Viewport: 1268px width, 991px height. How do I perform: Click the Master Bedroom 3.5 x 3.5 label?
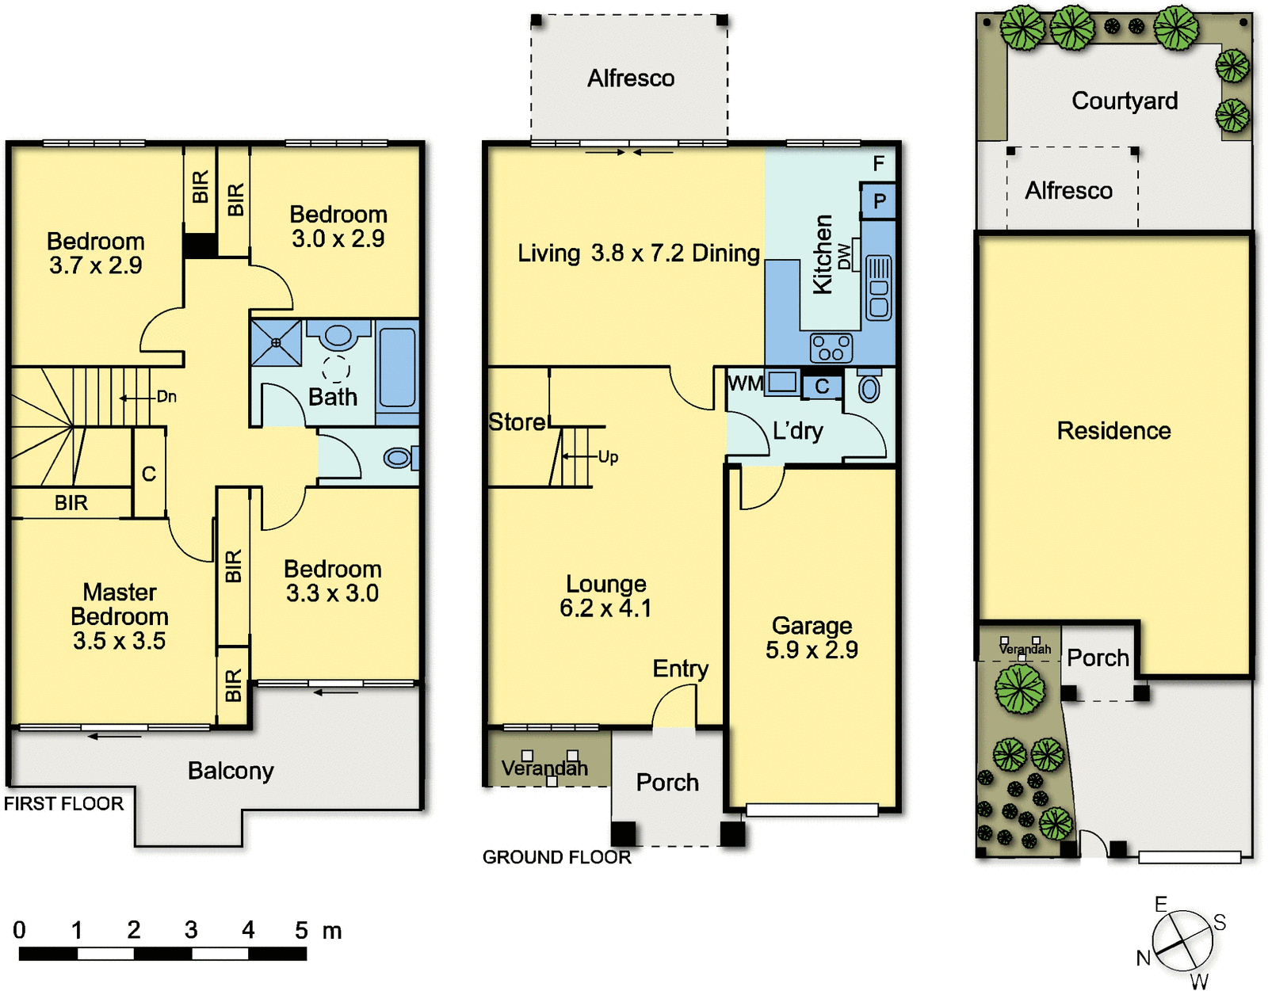click(x=120, y=616)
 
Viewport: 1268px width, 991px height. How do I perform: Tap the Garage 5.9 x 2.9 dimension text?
click(x=812, y=650)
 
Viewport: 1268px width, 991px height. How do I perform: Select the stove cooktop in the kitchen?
click(x=831, y=348)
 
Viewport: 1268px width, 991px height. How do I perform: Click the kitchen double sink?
click(x=879, y=288)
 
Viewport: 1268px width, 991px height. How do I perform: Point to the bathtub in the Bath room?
click(x=397, y=368)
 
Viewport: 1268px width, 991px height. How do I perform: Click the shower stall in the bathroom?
click(x=276, y=343)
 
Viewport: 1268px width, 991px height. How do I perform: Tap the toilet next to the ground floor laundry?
click(x=869, y=386)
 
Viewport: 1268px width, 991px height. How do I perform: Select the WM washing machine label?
click(x=745, y=383)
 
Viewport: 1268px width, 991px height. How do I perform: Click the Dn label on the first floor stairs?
click(x=166, y=397)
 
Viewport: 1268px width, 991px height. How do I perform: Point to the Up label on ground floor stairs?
click(x=608, y=457)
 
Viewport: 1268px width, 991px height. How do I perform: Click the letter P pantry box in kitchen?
click(x=880, y=201)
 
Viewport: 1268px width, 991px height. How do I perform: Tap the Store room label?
click(x=517, y=421)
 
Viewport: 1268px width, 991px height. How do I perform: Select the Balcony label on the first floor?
click(x=231, y=772)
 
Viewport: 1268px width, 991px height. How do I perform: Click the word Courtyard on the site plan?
click(x=1125, y=101)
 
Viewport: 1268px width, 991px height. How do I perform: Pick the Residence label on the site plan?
click(x=1114, y=431)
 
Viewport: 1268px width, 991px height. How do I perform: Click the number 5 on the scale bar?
click(x=301, y=930)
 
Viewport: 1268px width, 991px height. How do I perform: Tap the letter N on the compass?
click(x=1144, y=958)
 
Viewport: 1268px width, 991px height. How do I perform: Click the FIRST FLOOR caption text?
click(x=63, y=804)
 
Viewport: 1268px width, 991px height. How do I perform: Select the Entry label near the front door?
click(x=681, y=669)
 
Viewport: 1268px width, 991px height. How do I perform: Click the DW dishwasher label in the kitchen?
click(x=844, y=256)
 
